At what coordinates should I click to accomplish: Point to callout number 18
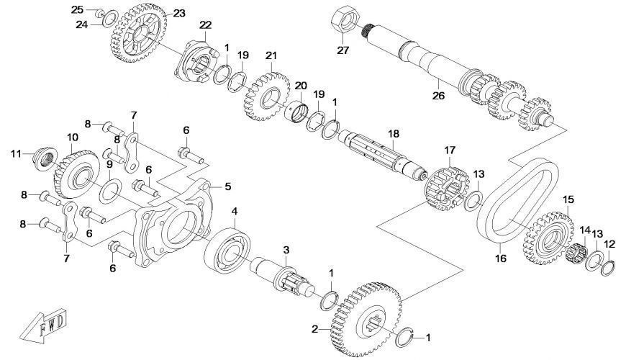393,133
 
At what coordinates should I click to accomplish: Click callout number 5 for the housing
227,186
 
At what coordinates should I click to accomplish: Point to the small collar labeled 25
101,12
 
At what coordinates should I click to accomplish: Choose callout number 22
206,25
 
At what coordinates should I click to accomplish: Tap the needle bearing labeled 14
577,253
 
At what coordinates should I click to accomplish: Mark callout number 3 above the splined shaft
286,250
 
